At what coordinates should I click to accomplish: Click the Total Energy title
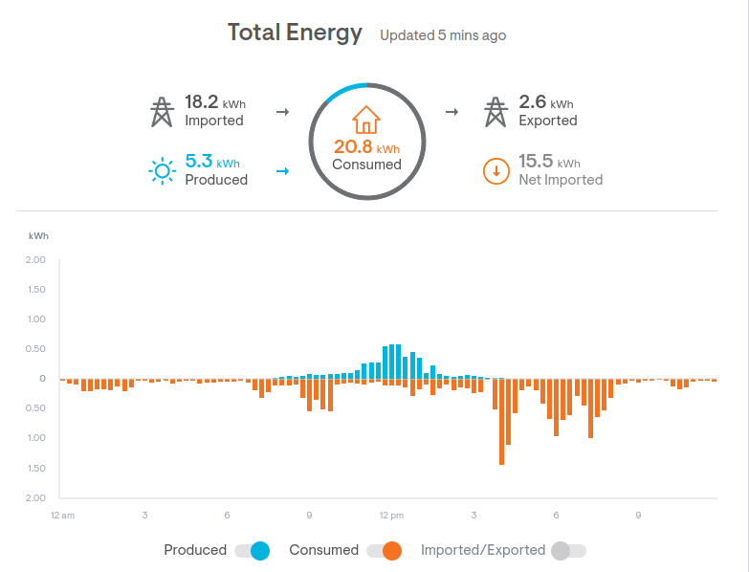pyautogui.click(x=295, y=33)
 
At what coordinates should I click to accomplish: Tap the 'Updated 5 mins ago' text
pyautogui.click(x=443, y=35)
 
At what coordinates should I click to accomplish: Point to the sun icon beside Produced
pyautogui.click(x=163, y=171)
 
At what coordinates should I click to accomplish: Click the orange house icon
pyautogui.click(x=366, y=120)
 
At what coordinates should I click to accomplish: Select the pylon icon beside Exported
pyautogui.click(x=495, y=111)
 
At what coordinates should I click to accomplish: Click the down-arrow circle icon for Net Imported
pyautogui.click(x=496, y=171)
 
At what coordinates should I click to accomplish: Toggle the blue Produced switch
pyautogui.click(x=253, y=550)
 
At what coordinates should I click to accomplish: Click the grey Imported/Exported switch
pyautogui.click(x=567, y=550)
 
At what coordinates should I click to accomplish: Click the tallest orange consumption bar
pyautogui.click(x=501, y=421)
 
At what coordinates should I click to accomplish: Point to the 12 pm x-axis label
pyautogui.click(x=391, y=516)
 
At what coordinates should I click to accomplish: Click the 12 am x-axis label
pyautogui.click(x=62, y=516)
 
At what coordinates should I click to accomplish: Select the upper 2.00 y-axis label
pyautogui.click(x=35, y=259)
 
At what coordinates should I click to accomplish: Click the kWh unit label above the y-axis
pyautogui.click(x=38, y=235)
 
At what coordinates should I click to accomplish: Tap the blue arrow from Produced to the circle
pyautogui.click(x=282, y=171)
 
